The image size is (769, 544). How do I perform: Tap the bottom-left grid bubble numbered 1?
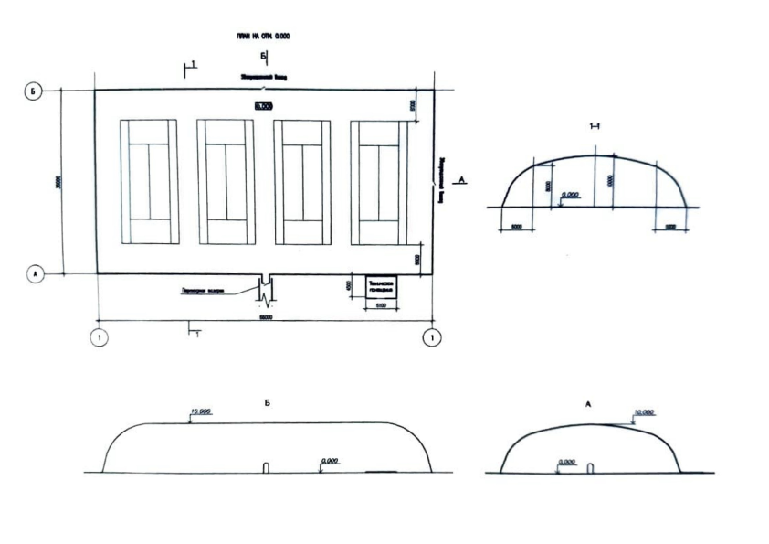(99, 337)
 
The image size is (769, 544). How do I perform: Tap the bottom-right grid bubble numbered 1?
(432, 337)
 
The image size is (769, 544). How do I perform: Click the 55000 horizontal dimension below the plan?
(266, 317)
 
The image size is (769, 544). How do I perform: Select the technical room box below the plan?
(380, 287)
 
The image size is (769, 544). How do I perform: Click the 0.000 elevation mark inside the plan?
(264, 106)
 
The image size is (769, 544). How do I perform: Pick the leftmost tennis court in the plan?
(153, 182)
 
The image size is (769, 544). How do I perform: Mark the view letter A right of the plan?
(462, 181)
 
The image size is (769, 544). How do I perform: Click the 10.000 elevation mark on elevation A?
(644, 412)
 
